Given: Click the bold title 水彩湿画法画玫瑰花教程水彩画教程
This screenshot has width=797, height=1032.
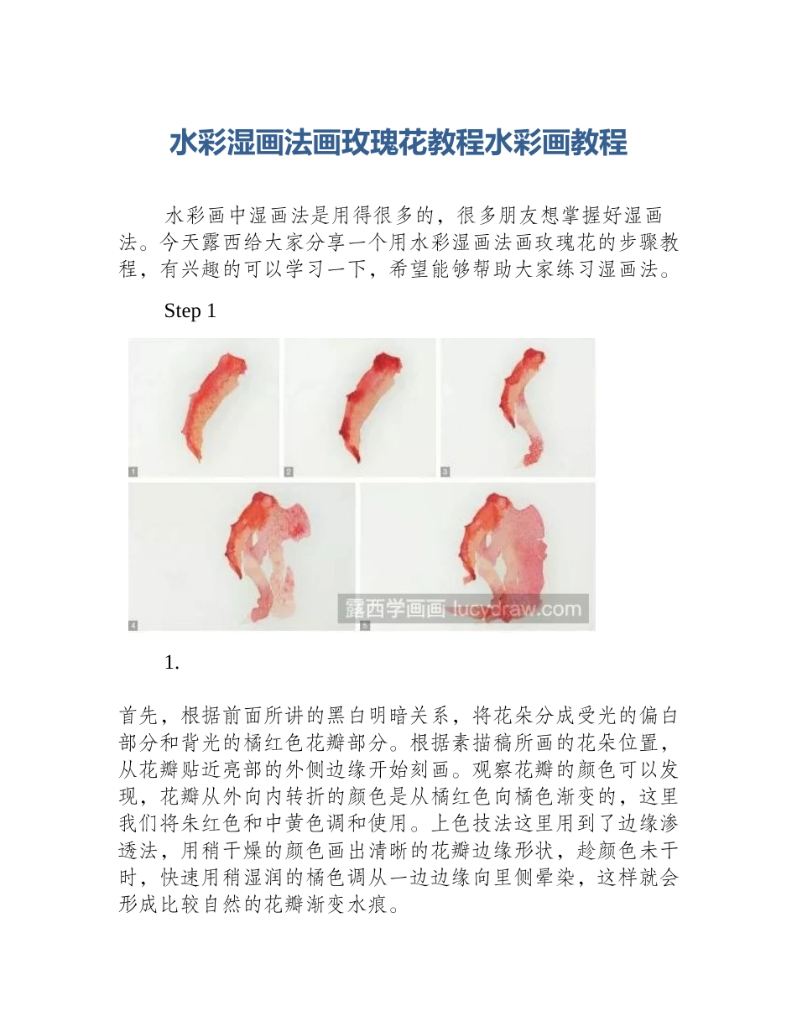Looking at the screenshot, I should pos(398,143).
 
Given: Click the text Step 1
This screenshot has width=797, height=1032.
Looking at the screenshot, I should pos(190,311).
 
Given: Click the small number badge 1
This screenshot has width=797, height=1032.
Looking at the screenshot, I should pos(133,472).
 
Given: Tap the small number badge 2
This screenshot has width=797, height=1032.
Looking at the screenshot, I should pos(289,472).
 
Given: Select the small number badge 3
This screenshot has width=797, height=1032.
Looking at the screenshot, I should pos(445,472).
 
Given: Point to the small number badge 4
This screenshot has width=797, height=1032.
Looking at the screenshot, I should pos(133,625).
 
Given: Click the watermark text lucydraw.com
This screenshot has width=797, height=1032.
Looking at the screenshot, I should pos(517,608).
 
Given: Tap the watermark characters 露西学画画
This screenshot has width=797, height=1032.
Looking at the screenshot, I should pos(393,608).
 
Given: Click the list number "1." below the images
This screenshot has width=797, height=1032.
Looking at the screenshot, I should pos(172,662).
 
